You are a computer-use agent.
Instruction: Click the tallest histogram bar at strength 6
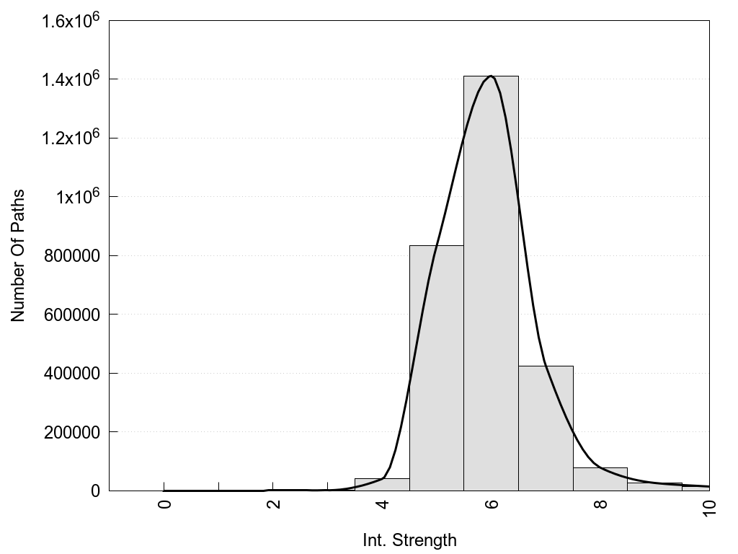click(x=491, y=289)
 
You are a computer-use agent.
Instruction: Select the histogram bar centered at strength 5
click(x=436, y=368)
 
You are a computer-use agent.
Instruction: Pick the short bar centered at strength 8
click(x=600, y=480)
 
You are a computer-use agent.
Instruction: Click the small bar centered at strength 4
click(x=382, y=485)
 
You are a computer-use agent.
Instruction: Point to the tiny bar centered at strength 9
click(x=654, y=487)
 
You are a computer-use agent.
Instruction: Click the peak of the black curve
click(x=491, y=76)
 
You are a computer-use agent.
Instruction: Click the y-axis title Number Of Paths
click(x=18, y=255)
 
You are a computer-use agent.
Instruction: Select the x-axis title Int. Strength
click(x=409, y=540)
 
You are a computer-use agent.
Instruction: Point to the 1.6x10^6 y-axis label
click(x=68, y=19)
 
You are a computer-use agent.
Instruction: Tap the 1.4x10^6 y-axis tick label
click(x=68, y=78)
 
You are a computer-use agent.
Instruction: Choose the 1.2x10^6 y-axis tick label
click(x=68, y=137)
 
